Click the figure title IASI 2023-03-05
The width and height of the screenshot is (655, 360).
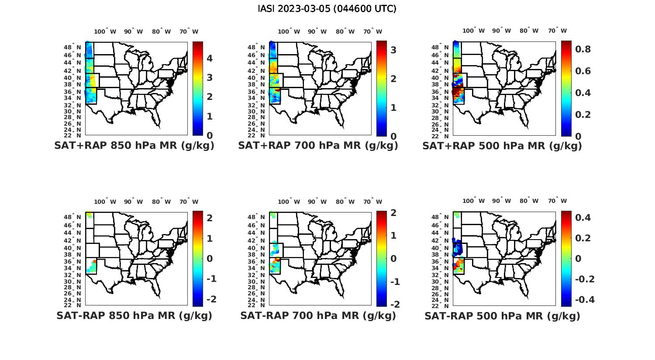[327, 9]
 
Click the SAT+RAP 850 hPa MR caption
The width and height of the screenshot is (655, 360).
[134, 146]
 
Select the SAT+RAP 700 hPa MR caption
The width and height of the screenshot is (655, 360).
[318, 146]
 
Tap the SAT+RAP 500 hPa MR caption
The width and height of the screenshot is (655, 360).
[502, 146]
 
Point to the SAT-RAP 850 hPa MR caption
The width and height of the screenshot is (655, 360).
[134, 315]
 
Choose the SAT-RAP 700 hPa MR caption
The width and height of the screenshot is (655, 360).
[318, 315]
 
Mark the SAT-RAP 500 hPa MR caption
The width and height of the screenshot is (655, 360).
[502, 316]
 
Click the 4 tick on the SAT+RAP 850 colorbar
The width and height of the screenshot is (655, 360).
[210, 58]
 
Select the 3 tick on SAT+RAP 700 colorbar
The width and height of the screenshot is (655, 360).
[393, 50]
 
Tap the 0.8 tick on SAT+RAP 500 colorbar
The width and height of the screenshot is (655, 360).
[583, 49]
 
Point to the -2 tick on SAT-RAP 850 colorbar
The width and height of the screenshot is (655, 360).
[210, 299]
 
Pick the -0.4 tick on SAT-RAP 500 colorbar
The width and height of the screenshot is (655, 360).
[585, 300]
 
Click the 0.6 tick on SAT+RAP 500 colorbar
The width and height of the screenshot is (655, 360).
[583, 71]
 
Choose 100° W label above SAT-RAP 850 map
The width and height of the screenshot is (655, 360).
[105, 202]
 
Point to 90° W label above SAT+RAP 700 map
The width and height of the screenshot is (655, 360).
[317, 31]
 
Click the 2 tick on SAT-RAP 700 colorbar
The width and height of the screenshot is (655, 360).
[393, 213]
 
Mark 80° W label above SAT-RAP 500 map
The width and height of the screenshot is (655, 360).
[529, 201]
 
